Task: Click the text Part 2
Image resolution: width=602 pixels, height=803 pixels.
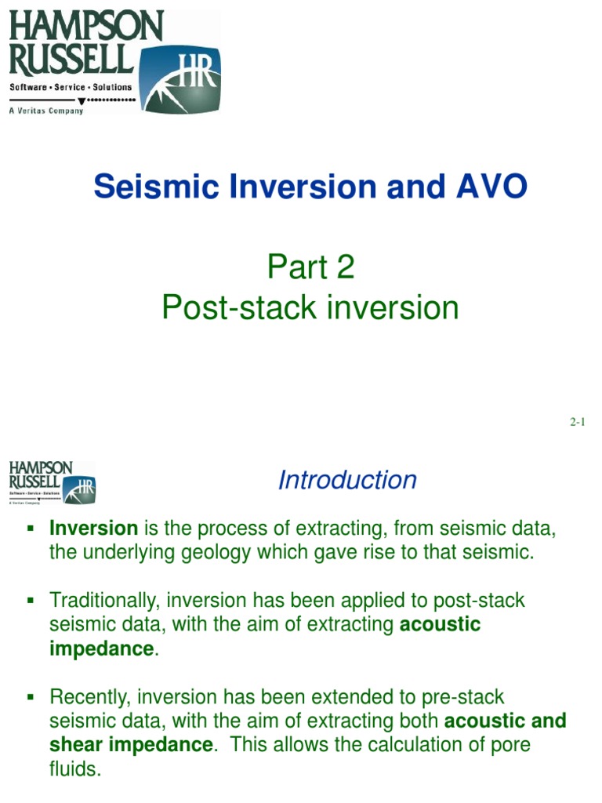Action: (310, 267)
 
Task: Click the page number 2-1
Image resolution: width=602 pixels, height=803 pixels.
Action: (578, 422)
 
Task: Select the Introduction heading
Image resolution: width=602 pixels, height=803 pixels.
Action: (347, 480)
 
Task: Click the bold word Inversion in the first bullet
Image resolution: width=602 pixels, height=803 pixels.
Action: (93, 529)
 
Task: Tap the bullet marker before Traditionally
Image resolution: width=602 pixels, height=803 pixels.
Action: (32, 600)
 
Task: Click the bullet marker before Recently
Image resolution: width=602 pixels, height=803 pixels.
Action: (32, 696)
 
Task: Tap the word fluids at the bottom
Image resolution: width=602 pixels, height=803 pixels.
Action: (75, 768)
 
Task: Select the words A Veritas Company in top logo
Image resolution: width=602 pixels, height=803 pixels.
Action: (45, 111)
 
